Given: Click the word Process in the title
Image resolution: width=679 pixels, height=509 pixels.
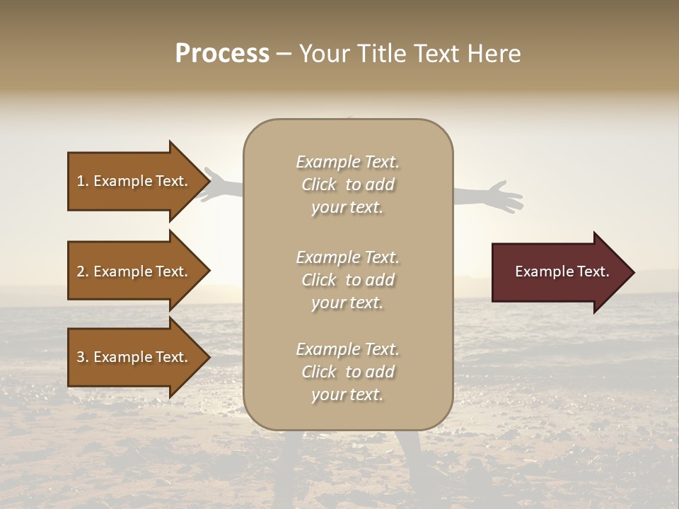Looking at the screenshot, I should (222, 54).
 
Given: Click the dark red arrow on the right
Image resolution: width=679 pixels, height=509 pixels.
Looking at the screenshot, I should (559, 272).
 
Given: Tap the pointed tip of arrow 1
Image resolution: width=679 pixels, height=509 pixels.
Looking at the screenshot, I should (208, 181).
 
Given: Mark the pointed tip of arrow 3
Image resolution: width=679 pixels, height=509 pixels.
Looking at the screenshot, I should (208, 357).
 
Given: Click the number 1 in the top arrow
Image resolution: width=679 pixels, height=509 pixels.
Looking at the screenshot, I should (81, 181).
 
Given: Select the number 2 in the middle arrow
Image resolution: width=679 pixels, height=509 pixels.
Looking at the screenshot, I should (81, 271).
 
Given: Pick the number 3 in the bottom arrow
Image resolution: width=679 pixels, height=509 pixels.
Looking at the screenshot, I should (81, 357).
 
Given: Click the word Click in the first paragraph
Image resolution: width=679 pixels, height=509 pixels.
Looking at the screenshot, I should (319, 185).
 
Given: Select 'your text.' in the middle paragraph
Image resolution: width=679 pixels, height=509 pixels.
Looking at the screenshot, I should (347, 303).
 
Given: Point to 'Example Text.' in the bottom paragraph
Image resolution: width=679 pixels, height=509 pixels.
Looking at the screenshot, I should (347, 349).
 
